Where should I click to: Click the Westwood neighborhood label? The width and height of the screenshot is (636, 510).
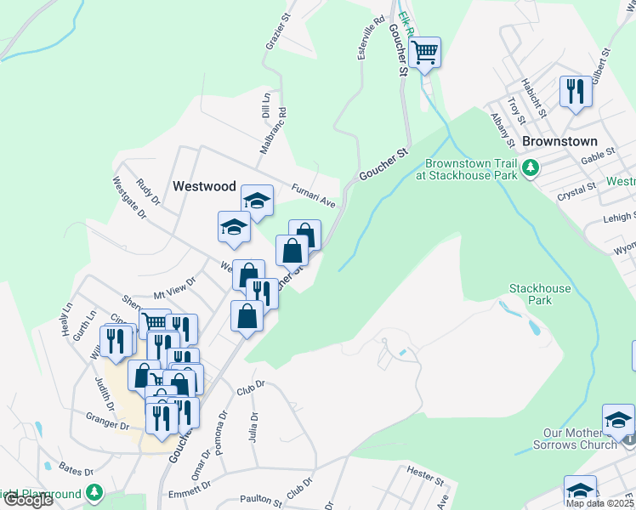click(203, 185)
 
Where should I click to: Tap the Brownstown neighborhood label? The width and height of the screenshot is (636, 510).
click(559, 141)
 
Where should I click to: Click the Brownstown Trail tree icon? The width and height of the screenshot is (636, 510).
click(531, 167)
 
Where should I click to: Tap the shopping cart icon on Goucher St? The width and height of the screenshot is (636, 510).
click(424, 53)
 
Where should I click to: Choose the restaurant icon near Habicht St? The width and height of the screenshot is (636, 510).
click(576, 91)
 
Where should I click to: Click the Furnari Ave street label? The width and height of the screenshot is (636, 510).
click(315, 195)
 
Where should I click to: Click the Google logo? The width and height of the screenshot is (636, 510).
click(27, 500)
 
